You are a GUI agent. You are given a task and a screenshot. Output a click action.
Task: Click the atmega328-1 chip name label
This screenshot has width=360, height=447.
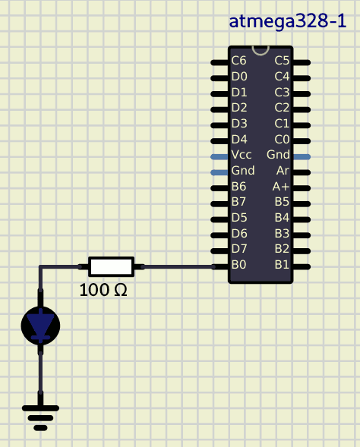click(x=288, y=22)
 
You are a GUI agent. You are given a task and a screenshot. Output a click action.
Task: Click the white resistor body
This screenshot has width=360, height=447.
click(x=111, y=267)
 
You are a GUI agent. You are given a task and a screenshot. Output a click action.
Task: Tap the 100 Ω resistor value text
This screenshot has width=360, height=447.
click(x=103, y=290)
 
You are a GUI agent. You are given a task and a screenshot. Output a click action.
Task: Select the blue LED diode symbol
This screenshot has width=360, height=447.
click(x=40, y=326)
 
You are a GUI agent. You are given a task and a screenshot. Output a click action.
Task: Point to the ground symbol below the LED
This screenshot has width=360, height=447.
click(x=40, y=418)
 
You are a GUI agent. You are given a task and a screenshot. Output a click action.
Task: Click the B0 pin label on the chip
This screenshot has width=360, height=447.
click(x=238, y=265)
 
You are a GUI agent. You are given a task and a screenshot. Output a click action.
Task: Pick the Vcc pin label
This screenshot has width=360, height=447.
click(x=242, y=155)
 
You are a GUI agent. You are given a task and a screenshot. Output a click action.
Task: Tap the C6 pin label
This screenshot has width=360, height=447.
click(x=238, y=61)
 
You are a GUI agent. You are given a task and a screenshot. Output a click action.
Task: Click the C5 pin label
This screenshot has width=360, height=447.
click(x=282, y=61)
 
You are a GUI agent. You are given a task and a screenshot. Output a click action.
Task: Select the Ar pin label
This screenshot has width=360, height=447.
click(x=283, y=171)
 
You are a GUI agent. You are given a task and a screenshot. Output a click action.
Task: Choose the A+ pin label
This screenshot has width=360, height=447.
click(x=281, y=187)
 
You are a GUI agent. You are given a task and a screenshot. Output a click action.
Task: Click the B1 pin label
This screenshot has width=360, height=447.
click(x=282, y=265)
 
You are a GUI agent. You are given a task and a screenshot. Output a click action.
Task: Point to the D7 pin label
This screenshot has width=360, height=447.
click(x=239, y=249)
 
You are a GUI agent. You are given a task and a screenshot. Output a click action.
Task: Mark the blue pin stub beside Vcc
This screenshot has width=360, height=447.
click(x=219, y=156)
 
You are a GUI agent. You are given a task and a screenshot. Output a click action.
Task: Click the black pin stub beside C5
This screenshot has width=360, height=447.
click(x=302, y=62)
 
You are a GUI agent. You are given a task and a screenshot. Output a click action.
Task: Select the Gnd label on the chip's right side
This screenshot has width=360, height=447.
click(x=278, y=155)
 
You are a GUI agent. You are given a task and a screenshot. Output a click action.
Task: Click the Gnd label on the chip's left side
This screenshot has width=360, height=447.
click(x=243, y=171)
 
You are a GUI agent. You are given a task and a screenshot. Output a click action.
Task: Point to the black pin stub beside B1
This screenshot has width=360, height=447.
click(x=302, y=267)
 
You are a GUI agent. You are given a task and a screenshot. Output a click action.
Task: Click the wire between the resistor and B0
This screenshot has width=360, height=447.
click(x=178, y=267)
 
